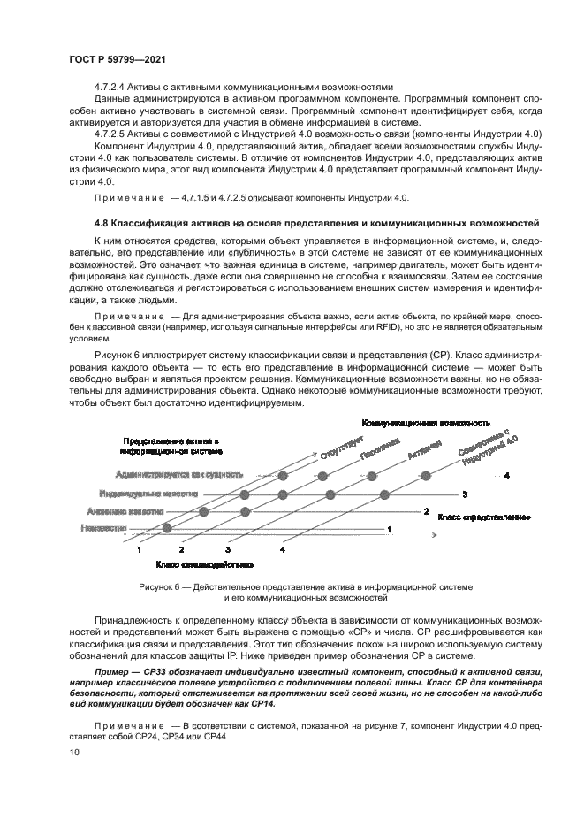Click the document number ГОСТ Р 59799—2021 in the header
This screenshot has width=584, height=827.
coord(118,58)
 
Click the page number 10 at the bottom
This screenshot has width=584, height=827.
coord(73,752)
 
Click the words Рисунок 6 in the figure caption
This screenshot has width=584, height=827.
coord(161,587)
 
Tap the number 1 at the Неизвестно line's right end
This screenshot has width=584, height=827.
coord(390,529)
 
